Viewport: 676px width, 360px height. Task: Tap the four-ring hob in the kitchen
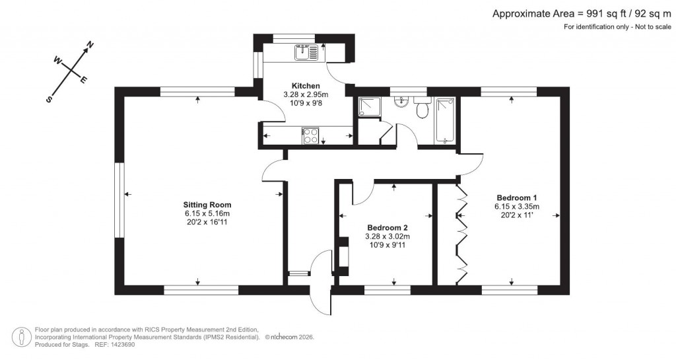click(x=310, y=136)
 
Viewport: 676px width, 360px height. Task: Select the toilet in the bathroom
click(x=421, y=109)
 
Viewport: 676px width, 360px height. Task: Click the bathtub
click(x=444, y=120)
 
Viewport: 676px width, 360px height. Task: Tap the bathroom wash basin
click(x=399, y=102)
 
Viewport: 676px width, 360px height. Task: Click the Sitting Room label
click(x=207, y=204)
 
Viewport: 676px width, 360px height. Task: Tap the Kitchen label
click(x=306, y=86)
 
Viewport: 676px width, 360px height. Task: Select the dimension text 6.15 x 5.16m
click(x=207, y=213)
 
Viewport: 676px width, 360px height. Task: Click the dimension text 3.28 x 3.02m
click(x=388, y=236)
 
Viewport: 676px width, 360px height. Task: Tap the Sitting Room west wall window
click(x=119, y=200)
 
